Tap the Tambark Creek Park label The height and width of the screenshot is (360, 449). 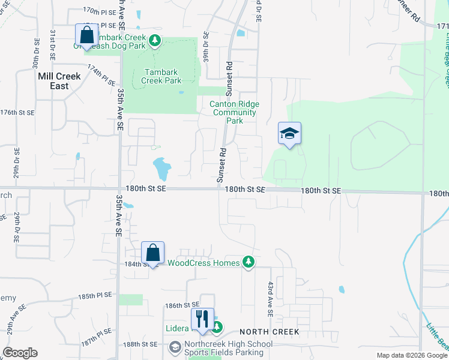[161, 76]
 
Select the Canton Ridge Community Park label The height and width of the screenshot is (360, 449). [234, 112]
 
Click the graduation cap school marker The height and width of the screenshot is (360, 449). [289, 134]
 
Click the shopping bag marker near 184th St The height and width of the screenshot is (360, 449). [152, 253]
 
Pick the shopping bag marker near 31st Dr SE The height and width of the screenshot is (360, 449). [86, 35]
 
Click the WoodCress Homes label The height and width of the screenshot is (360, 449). [203, 262]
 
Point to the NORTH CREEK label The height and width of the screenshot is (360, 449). [270, 332]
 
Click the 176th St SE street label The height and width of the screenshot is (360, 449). [17, 112]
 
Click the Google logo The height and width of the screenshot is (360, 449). [19, 353]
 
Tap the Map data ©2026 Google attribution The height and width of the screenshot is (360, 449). [411, 355]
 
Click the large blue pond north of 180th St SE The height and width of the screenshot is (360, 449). [161, 169]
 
